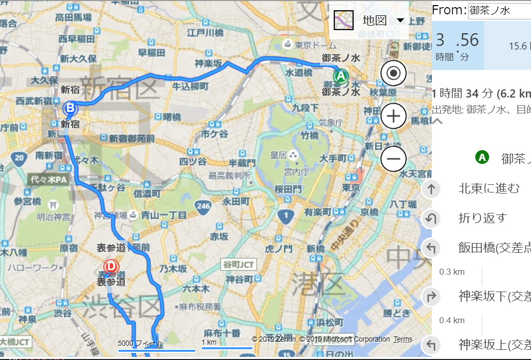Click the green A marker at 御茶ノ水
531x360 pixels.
341,77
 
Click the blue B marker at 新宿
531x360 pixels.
70,108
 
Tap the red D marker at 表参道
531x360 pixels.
110,267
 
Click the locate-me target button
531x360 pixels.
393,73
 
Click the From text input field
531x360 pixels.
499,11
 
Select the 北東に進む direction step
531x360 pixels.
489,189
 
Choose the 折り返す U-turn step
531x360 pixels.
482,219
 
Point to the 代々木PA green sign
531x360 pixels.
49,180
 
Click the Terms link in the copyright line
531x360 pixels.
403,340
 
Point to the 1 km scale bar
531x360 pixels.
227,348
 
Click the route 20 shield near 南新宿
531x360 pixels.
19,158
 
